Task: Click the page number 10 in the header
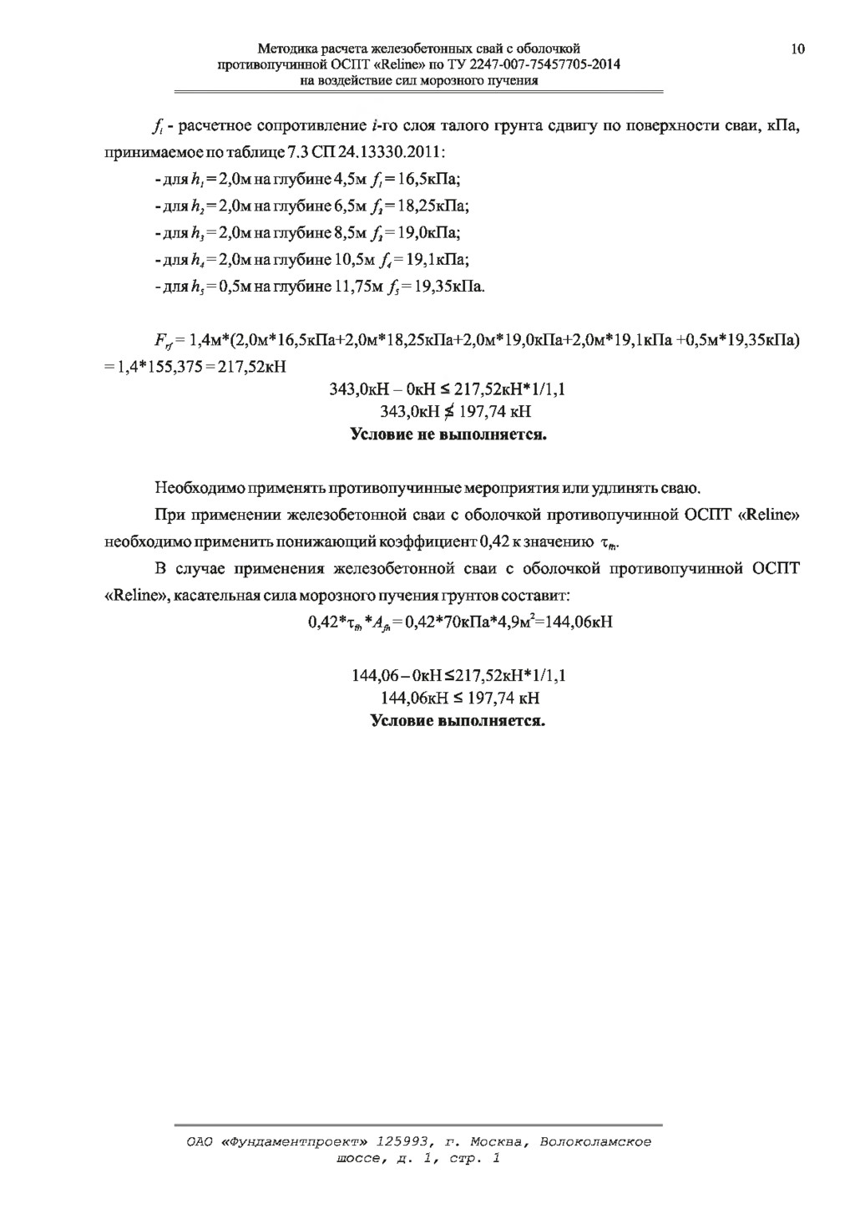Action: tap(797, 49)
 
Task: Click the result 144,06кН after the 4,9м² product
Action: tap(573, 622)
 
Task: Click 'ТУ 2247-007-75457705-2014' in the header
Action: tap(543, 65)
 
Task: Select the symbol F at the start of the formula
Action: tap(159, 341)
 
